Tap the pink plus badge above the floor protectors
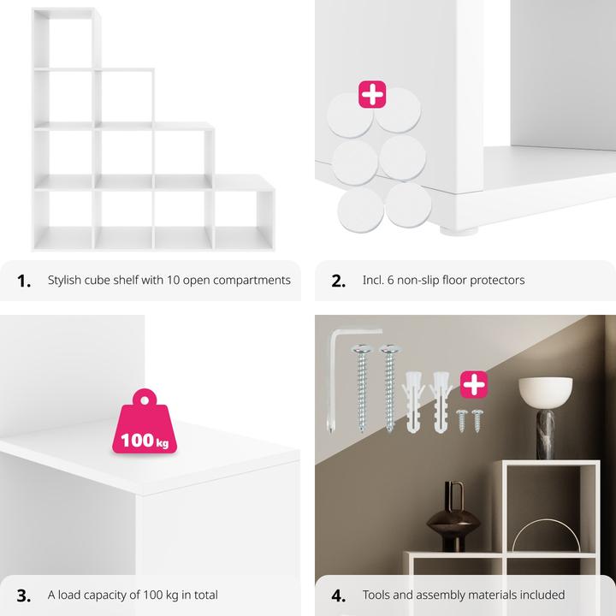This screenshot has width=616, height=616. tap(372, 94)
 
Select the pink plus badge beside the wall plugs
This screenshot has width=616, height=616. tap(474, 384)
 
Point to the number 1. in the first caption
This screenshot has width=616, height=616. tap(24, 281)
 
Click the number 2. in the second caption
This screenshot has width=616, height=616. tap(338, 281)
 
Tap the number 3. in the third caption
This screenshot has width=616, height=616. tap(24, 595)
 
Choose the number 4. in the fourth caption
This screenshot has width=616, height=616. tap(338, 595)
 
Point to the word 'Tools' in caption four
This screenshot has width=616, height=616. tap(376, 595)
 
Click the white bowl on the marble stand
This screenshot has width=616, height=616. tap(545, 393)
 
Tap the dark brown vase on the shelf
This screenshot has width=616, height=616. tap(453, 518)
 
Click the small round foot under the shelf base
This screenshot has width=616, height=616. tap(458, 231)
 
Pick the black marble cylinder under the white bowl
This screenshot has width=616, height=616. tap(546, 434)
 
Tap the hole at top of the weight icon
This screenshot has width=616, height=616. tap(145, 400)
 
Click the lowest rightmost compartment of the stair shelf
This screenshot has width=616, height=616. tap(244, 220)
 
